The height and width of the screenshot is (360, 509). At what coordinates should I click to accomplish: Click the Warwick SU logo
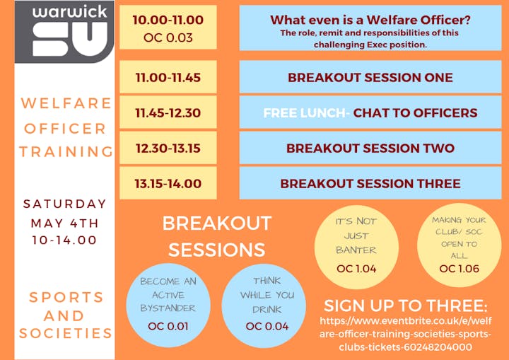[64, 32]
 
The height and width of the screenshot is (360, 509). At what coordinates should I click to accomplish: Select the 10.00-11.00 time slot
[168, 20]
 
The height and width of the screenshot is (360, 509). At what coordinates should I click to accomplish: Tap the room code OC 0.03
[168, 37]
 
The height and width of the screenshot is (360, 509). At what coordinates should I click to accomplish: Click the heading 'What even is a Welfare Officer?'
[370, 20]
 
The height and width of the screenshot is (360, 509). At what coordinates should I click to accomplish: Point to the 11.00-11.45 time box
[168, 77]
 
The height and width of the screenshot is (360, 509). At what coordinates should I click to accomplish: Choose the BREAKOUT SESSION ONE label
[370, 77]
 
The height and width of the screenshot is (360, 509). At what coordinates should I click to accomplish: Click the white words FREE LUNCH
[304, 112]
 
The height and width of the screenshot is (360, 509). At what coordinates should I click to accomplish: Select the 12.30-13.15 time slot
[168, 148]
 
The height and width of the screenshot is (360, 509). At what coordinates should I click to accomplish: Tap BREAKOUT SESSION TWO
[370, 148]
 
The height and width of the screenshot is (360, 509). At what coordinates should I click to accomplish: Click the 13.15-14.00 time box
[168, 183]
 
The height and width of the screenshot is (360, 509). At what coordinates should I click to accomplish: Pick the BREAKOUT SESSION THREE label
[370, 184]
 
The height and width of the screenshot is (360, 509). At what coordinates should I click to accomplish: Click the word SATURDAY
[65, 204]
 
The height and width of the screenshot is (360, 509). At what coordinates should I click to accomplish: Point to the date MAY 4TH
[64, 223]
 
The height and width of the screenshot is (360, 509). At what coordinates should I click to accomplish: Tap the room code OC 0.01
[168, 326]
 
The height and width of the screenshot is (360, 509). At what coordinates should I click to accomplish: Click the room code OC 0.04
[267, 326]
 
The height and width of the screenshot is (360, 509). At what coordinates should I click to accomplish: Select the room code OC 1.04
[356, 269]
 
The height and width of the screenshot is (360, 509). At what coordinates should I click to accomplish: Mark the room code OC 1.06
[459, 269]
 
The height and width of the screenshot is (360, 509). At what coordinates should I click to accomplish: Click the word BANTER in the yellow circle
[356, 250]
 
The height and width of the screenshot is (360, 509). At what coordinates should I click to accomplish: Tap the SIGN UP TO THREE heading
[406, 306]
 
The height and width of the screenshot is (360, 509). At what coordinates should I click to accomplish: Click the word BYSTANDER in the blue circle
[168, 308]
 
